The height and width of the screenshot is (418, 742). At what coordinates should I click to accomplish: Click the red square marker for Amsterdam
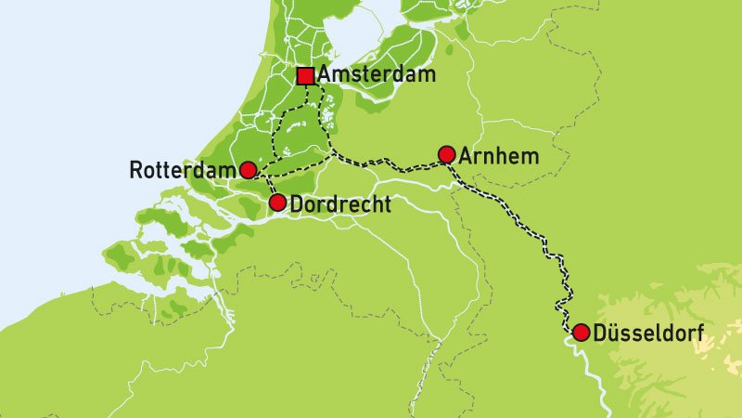coord(305,76)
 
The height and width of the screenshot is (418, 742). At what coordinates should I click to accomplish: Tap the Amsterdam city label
coord(376,75)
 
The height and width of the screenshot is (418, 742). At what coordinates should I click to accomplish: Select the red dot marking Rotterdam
coord(248,169)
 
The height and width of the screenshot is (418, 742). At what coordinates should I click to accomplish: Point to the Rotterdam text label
coord(182,170)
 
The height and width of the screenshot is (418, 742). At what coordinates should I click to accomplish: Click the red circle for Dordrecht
coord(276,202)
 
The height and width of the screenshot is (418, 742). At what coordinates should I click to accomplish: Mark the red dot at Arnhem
coord(446,154)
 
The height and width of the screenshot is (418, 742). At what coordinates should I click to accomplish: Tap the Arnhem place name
coord(499,155)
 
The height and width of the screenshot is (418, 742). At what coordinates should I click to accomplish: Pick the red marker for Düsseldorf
coord(581,333)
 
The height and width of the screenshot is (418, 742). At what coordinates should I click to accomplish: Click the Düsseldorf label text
coord(648,333)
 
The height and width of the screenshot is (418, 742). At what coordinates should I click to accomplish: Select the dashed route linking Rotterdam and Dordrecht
coord(266,185)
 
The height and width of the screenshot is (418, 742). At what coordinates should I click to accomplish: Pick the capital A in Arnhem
coord(467,155)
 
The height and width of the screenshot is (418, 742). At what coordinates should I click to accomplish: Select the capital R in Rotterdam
coord(136,170)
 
